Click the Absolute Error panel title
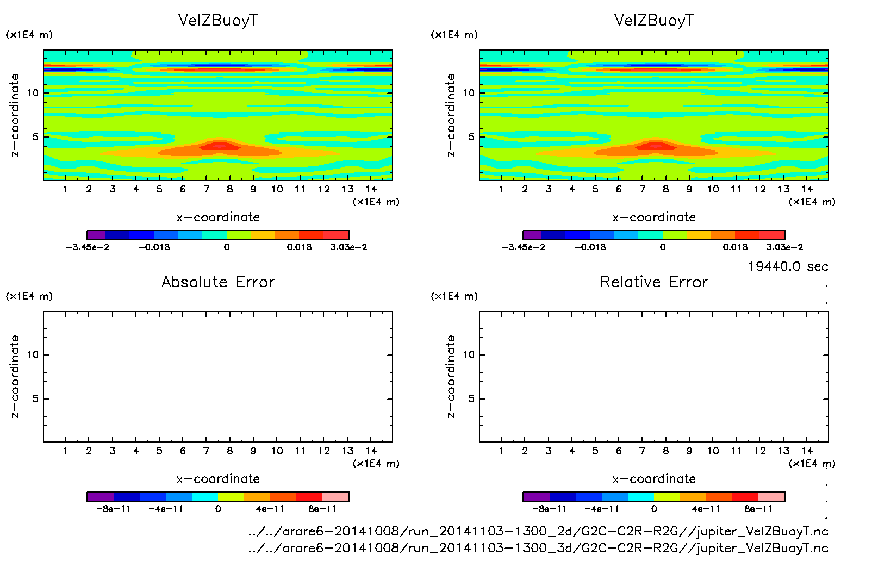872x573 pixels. click(x=218, y=282)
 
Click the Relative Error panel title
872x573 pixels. click(x=654, y=282)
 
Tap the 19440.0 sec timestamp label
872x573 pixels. click(x=788, y=266)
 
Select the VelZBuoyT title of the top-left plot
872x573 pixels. click(x=218, y=20)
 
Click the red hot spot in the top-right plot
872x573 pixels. click(x=656, y=146)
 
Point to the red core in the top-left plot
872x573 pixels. click(x=220, y=146)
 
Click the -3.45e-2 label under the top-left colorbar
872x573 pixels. click(x=88, y=247)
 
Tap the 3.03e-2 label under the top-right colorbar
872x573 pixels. click(x=784, y=247)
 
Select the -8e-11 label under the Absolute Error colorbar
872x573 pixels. click(x=114, y=509)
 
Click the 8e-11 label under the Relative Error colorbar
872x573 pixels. click(x=758, y=509)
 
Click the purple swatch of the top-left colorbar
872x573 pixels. click(x=96, y=235)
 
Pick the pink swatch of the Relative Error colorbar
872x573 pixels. click(x=771, y=496)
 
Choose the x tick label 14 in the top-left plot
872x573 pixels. click(x=371, y=189)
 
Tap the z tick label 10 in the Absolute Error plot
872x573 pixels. click(x=33, y=354)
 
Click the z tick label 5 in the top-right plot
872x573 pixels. click(x=471, y=137)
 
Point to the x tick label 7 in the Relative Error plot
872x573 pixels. click(x=642, y=451)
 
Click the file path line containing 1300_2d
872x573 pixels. click(x=538, y=531)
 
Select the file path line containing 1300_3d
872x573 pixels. click(x=538, y=547)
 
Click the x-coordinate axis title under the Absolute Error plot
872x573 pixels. click(x=218, y=479)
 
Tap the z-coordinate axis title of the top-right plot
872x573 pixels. click(x=451, y=115)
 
